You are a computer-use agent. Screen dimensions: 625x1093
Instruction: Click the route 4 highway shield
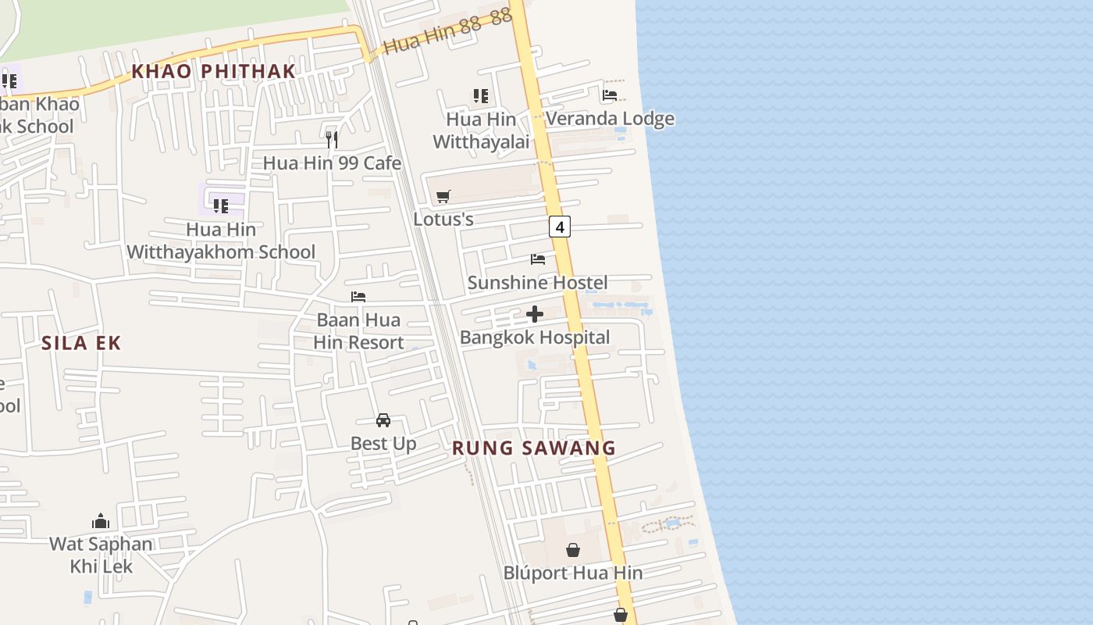click(x=559, y=227)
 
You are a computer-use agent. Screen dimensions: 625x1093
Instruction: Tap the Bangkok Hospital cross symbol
click(x=535, y=314)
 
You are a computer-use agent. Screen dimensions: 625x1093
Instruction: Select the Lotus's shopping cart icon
click(x=443, y=196)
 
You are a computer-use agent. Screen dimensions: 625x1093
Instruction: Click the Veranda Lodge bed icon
click(x=610, y=95)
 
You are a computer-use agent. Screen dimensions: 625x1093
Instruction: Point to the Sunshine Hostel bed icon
click(x=537, y=259)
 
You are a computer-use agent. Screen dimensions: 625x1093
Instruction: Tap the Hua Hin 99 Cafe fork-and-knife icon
click(x=332, y=140)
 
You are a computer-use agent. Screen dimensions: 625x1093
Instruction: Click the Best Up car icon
click(x=383, y=420)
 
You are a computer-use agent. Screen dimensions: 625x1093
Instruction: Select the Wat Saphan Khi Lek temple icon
click(x=101, y=521)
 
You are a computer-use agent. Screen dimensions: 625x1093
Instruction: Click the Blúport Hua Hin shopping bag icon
click(x=573, y=550)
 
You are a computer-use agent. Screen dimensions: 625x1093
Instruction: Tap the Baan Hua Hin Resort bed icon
click(x=358, y=297)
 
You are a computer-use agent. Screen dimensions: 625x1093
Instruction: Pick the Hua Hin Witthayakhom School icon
click(x=221, y=206)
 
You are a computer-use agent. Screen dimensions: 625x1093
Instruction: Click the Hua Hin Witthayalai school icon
click(x=481, y=96)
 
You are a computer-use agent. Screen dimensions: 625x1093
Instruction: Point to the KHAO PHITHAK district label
click(x=213, y=71)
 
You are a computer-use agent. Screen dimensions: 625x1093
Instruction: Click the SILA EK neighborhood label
click(x=81, y=343)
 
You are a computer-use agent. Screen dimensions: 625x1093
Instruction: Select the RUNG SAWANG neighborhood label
click(x=534, y=448)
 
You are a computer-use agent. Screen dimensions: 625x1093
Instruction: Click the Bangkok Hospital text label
click(x=535, y=337)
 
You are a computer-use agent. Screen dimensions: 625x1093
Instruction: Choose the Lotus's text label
click(x=443, y=220)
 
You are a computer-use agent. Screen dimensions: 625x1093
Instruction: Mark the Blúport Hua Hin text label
click(x=573, y=573)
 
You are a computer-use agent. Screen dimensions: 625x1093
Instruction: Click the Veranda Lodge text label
click(x=610, y=119)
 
